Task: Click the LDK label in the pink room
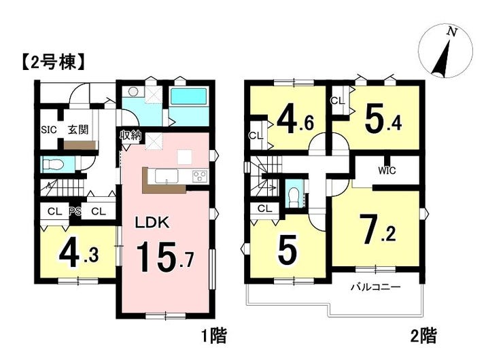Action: coord(152,223)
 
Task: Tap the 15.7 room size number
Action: coord(166,256)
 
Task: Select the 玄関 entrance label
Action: coord(78,130)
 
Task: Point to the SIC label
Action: coord(49,130)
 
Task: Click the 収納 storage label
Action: coord(131,135)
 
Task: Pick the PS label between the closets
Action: coord(75,211)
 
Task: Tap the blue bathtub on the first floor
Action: coord(189,96)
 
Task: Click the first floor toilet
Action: coord(53,165)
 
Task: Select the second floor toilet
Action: coord(294,196)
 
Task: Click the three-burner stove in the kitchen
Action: coord(200,177)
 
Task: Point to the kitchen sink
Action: coord(167,176)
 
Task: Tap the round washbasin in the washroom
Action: coord(133,92)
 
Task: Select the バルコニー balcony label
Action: coord(375,287)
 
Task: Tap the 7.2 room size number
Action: coord(377,229)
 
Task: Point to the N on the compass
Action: coord(452,32)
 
